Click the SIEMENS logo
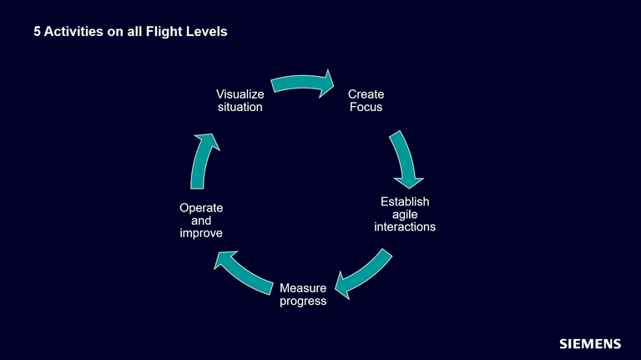(x=589, y=343)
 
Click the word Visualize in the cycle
(x=240, y=94)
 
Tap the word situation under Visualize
(x=240, y=107)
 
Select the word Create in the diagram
(x=366, y=94)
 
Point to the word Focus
(x=366, y=107)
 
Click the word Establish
(x=405, y=202)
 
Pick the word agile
(x=405, y=215)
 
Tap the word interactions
(x=405, y=227)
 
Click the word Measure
(x=303, y=288)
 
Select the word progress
(x=303, y=301)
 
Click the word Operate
(x=201, y=208)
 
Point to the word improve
(x=201, y=233)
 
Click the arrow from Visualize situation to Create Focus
(x=302, y=84)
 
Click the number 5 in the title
(x=37, y=33)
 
